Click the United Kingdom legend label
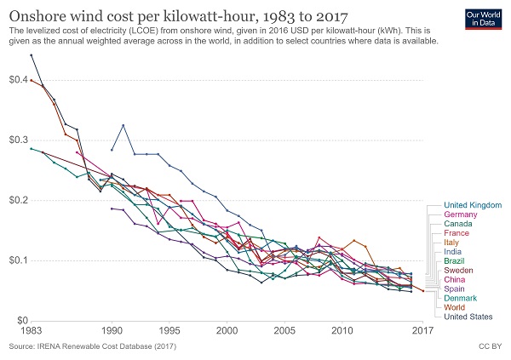tap(473, 205)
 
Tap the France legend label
tap(457, 233)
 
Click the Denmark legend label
tap(462, 298)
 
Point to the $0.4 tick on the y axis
tap(16, 79)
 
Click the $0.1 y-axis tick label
tap(16, 260)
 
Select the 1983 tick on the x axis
tap(31, 330)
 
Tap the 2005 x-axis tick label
tap(284, 330)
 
